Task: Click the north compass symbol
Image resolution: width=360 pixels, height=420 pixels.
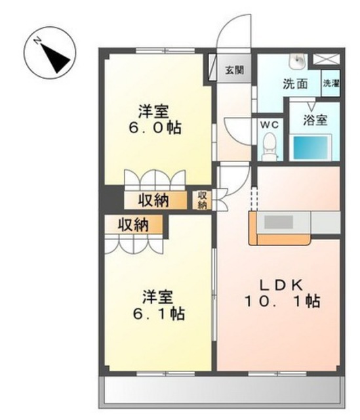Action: tap(50, 52)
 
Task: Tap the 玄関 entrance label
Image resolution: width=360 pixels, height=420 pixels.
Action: tap(234, 70)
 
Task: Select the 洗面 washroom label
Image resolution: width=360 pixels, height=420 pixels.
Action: tap(295, 84)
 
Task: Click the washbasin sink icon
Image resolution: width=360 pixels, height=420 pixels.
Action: tap(298, 60)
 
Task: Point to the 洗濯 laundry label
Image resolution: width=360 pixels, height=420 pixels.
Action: tap(331, 83)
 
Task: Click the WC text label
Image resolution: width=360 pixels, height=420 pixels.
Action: tap(270, 125)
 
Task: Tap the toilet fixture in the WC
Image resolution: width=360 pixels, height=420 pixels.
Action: tap(270, 146)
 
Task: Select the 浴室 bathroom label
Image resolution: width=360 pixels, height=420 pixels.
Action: tap(315, 120)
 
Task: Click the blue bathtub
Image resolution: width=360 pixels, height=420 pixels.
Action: tap(310, 148)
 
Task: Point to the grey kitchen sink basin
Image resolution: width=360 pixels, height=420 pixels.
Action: tap(279, 222)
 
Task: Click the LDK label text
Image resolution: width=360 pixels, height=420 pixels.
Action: tap(281, 285)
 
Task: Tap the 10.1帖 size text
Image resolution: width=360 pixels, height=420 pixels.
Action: tap(283, 301)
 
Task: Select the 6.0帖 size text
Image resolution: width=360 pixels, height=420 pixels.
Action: tap(155, 127)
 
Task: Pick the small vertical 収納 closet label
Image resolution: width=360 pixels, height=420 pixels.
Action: tap(203, 199)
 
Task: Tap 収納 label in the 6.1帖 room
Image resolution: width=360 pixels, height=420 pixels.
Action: tap(134, 224)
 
